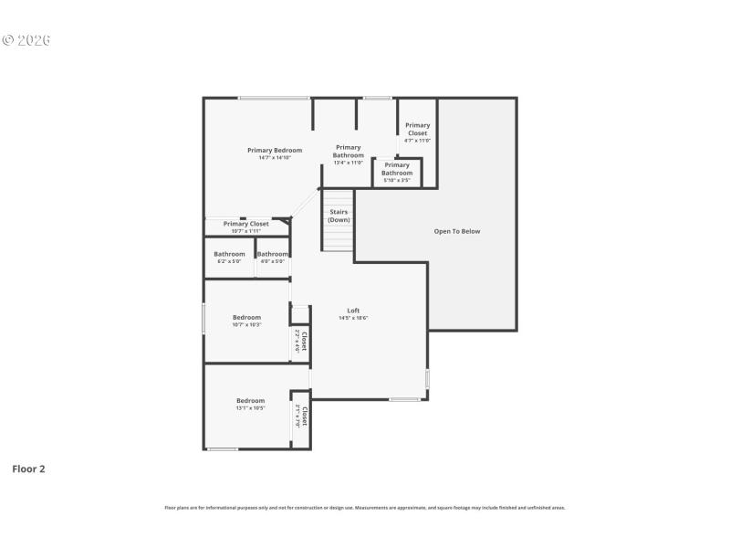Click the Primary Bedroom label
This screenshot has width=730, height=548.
[x=275, y=153]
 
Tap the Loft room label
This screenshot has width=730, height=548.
[x=353, y=313]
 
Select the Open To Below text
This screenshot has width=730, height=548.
[x=456, y=231]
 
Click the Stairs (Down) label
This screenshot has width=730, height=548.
[x=339, y=216]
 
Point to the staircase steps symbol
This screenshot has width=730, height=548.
[x=338, y=237]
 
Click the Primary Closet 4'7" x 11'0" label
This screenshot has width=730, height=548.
[x=417, y=132]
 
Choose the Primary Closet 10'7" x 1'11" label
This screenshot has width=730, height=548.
[x=246, y=227]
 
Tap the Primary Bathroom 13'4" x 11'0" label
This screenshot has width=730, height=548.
[x=348, y=154]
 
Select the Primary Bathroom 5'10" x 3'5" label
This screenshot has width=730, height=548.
[x=397, y=173]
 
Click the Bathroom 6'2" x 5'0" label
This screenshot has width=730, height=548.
[x=229, y=257]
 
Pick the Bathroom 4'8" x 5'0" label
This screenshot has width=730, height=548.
[x=273, y=257]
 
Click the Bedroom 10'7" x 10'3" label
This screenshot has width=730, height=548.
[x=246, y=321]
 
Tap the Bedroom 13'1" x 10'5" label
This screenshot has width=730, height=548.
[x=250, y=404]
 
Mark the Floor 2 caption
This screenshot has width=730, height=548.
[x=28, y=469]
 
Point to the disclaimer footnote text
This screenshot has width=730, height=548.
[x=365, y=507]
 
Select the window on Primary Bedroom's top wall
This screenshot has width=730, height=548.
[x=273, y=98]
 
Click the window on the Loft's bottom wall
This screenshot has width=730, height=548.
[x=404, y=399]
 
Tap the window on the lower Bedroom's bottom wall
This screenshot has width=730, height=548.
[x=223, y=448]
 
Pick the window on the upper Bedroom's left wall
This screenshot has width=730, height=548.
[x=203, y=319]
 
